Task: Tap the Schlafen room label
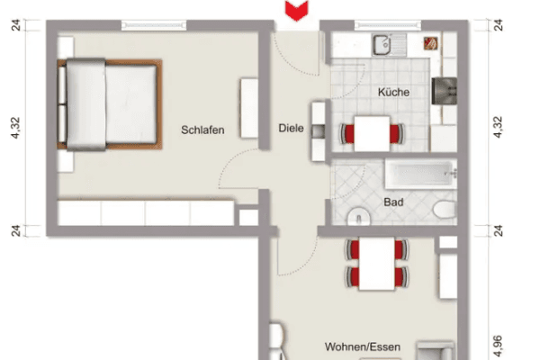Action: (x=202, y=130)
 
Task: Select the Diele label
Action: (x=290, y=129)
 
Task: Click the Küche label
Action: (x=394, y=93)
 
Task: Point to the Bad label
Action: (x=393, y=202)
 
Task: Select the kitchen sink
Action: (x=382, y=41)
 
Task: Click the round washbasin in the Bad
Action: (x=356, y=216)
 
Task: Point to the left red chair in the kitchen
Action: (x=346, y=135)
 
